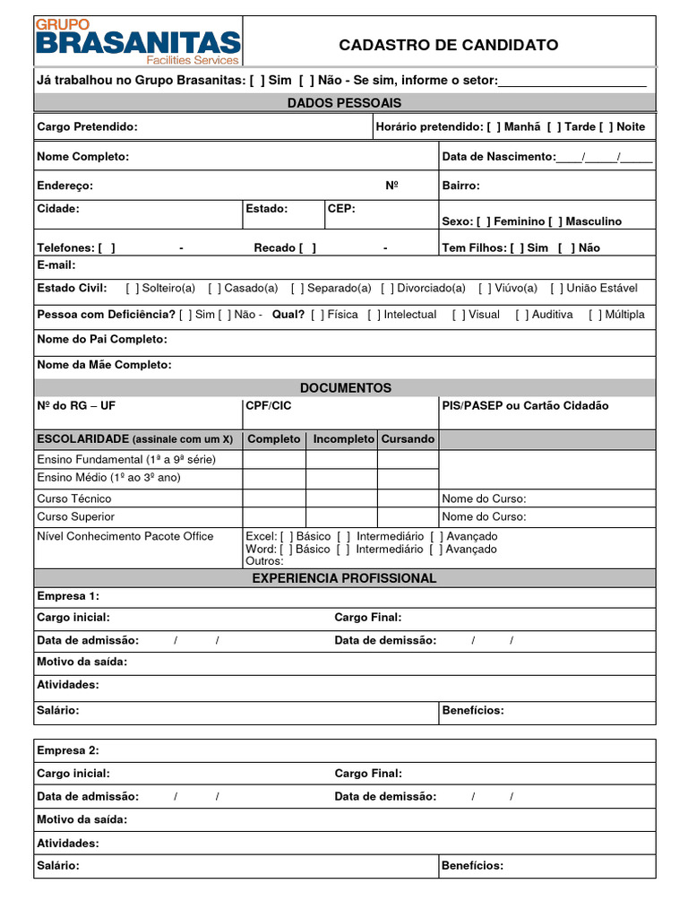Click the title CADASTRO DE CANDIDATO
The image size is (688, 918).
[x=448, y=45]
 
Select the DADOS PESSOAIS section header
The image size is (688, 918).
[x=344, y=103]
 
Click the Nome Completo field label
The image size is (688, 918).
[x=82, y=157]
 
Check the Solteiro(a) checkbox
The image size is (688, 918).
[x=132, y=288]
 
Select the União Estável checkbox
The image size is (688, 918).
[x=557, y=288]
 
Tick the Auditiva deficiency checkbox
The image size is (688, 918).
[x=521, y=315]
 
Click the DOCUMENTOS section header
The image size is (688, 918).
[x=345, y=388]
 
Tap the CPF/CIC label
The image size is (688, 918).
[x=269, y=406]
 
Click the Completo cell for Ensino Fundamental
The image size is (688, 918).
[x=274, y=459]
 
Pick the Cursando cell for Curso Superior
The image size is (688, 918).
[x=408, y=517]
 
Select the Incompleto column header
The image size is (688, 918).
[x=343, y=439]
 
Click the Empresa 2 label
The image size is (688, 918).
[x=68, y=750]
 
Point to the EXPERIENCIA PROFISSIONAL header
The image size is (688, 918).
[x=344, y=578]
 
